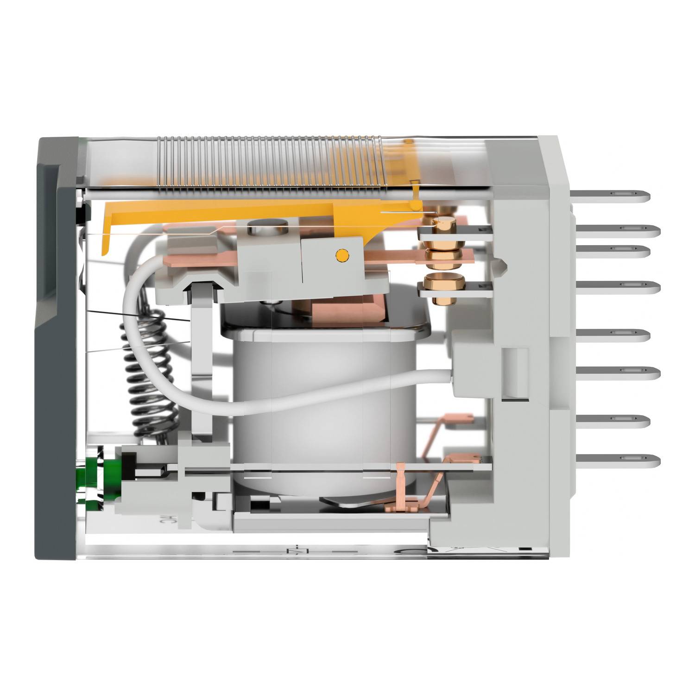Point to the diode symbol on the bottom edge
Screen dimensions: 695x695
pyautogui.click(x=292, y=551)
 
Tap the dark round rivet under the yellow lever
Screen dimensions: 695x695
pyautogui.click(x=261, y=228)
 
